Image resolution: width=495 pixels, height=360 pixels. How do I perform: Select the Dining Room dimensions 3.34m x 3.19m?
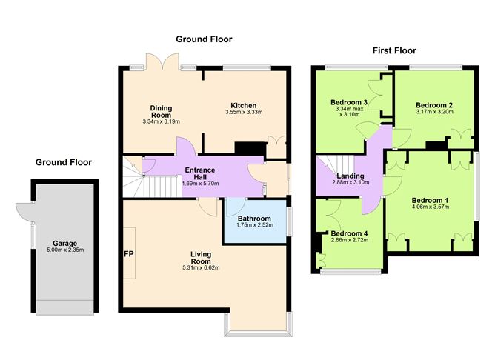(x=161, y=121)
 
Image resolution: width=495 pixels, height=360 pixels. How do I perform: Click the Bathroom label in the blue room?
(x=256, y=219)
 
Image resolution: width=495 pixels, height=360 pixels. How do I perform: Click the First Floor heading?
(x=393, y=51)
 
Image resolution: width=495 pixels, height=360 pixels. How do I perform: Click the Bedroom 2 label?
(x=433, y=105)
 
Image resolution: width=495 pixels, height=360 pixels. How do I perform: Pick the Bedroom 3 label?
(x=349, y=101)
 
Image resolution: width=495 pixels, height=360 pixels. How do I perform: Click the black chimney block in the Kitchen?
(x=245, y=148)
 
